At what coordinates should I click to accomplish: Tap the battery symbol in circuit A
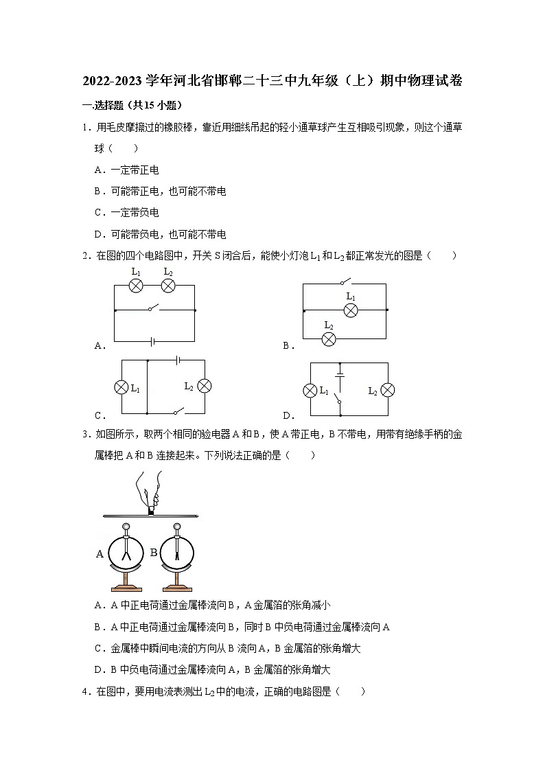155,341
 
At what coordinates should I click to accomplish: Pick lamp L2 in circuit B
329,338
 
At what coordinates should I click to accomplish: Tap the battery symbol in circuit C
178,359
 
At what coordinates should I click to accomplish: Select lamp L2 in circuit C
204,387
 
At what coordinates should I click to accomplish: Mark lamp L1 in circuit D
310,391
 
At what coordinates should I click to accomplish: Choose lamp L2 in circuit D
387,391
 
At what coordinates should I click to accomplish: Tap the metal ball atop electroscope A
125,527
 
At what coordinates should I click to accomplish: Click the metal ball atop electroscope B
177,527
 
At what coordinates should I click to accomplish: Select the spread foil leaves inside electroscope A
126,551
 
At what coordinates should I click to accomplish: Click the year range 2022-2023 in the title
113,81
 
